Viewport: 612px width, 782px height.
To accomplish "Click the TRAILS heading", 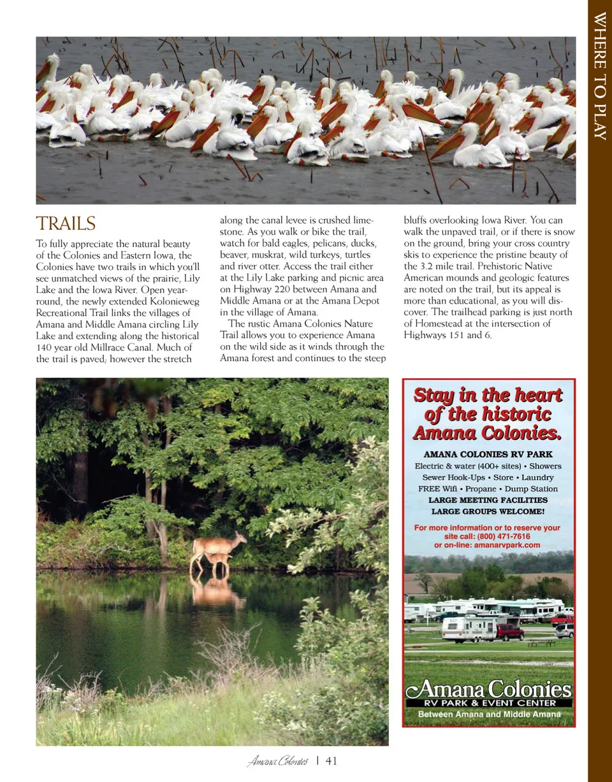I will [66, 224].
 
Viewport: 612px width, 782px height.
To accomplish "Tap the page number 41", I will [331, 761].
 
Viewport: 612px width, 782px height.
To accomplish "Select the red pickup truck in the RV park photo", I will [509, 632].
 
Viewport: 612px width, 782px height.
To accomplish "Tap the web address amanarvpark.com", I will [508, 545].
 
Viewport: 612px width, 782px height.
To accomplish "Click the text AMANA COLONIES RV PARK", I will [488, 455].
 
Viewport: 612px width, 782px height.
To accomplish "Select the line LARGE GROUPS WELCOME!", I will [488, 511].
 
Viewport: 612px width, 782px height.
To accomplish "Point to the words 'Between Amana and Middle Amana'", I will [489, 714].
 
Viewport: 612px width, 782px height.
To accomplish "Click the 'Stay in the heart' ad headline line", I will [488, 395].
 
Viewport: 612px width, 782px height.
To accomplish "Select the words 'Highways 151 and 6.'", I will [448, 335].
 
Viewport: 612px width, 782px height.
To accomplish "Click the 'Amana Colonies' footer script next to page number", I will [278, 761].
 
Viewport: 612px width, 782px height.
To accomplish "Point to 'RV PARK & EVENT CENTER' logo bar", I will [489, 703].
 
